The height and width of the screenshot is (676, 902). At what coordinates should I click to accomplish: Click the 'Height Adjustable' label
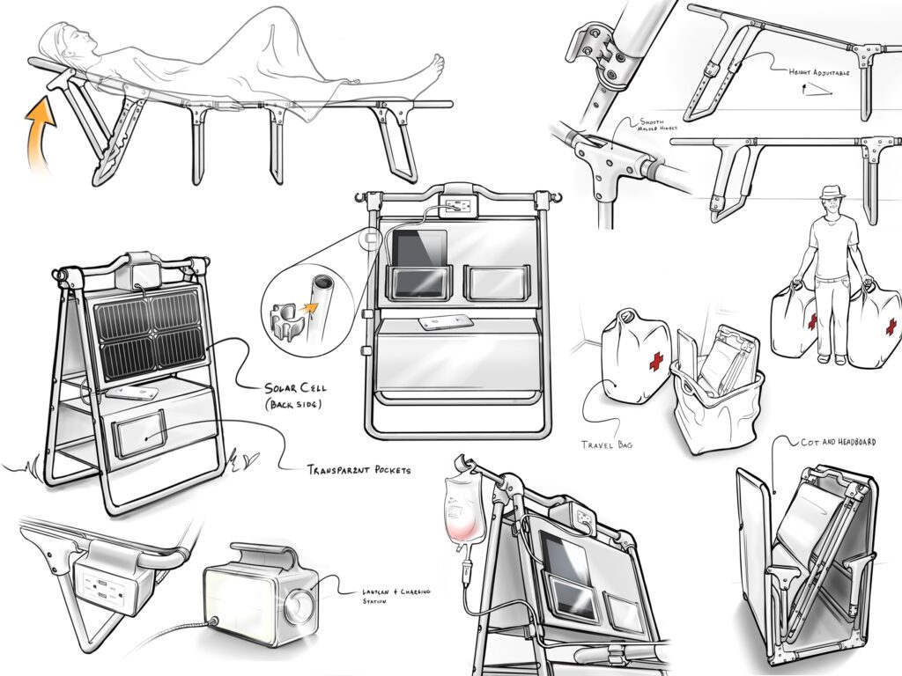pos(819,74)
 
